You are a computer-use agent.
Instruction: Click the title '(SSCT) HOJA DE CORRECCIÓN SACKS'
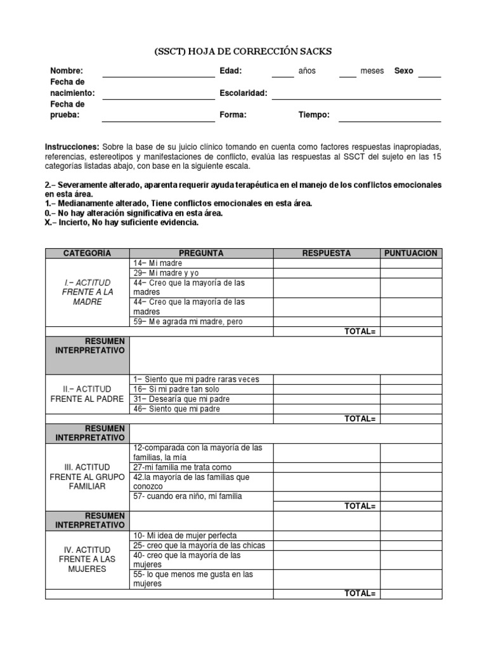click(243, 51)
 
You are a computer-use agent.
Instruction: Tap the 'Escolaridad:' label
click(243, 93)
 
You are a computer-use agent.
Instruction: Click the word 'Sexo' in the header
click(404, 71)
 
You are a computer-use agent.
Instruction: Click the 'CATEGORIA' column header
click(88, 253)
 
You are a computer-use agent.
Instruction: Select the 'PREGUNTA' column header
click(201, 253)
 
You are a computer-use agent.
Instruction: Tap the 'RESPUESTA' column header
click(327, 253)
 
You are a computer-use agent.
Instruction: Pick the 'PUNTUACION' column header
click(411, 253)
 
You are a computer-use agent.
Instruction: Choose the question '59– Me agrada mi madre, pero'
click(188, 321)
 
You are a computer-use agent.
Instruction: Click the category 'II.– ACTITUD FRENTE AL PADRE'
click(88, 394)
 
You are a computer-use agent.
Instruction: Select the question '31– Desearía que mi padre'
click(181, 399)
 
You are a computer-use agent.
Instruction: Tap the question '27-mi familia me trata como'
click(178, 467)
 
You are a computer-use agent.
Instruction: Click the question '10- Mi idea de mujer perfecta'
click(185, 536)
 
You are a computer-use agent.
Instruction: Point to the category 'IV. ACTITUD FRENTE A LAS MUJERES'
click(88, 559)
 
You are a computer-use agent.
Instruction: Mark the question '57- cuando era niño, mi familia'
click(187, 496)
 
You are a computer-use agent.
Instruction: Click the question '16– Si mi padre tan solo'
click(178, 389)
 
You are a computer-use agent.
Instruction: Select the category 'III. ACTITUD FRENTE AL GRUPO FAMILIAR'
click(88, 476)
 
